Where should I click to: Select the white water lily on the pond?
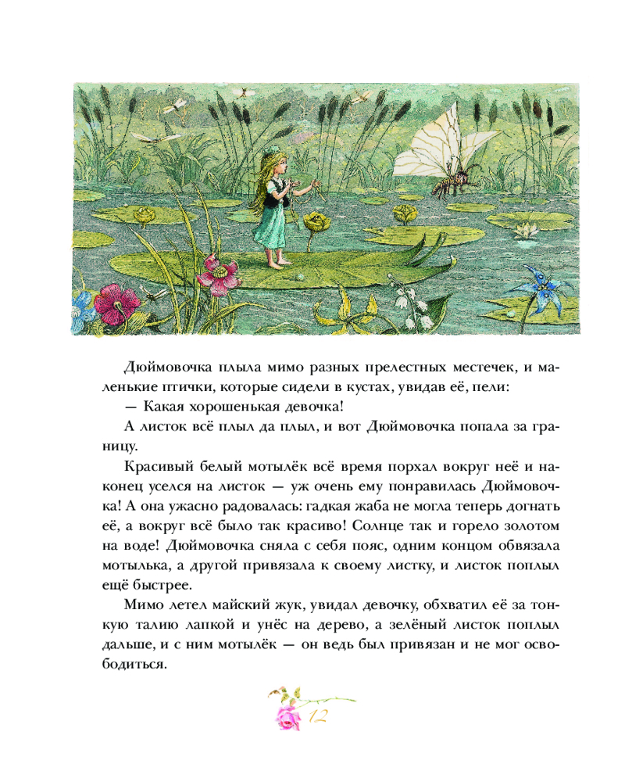click(527, 230)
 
